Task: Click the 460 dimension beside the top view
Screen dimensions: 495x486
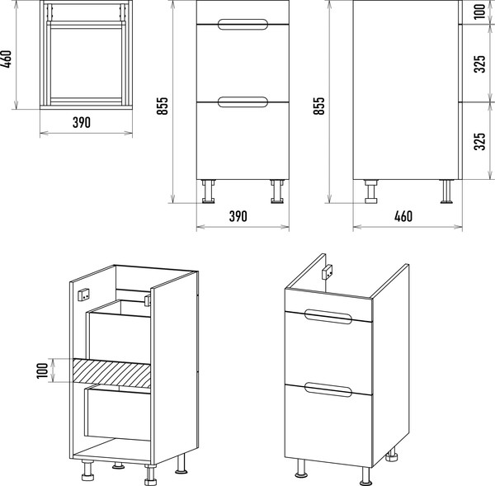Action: [7, 59]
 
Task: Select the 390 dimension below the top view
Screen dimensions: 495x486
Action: [82, 122]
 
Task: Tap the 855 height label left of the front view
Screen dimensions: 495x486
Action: [163, 106]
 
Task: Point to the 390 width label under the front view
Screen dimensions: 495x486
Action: [238, 216]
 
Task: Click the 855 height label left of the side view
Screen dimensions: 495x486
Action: [318, 106]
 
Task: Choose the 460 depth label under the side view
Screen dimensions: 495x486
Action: [403, 216]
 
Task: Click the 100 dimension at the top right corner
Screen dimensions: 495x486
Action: [479, 12]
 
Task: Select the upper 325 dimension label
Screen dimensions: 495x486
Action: [479, 64]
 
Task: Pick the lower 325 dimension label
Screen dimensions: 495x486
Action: [479, 141]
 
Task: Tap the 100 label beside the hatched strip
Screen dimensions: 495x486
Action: [42, 370]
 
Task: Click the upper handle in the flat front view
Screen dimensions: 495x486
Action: [243, 24]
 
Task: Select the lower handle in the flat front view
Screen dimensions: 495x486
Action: [243, 102]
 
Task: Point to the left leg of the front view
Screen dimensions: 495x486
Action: [209, 191]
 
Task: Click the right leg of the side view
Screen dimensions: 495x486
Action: [446, 191]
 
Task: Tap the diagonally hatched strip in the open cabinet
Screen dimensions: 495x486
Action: [111, 373]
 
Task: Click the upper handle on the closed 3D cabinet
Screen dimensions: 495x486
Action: [328, 316]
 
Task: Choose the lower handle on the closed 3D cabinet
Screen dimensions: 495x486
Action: [328, 389]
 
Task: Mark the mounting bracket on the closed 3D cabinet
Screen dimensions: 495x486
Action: [328, 271]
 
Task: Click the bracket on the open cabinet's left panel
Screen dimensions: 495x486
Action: [84, 295]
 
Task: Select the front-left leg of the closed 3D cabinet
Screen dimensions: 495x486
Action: [301, 468]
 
